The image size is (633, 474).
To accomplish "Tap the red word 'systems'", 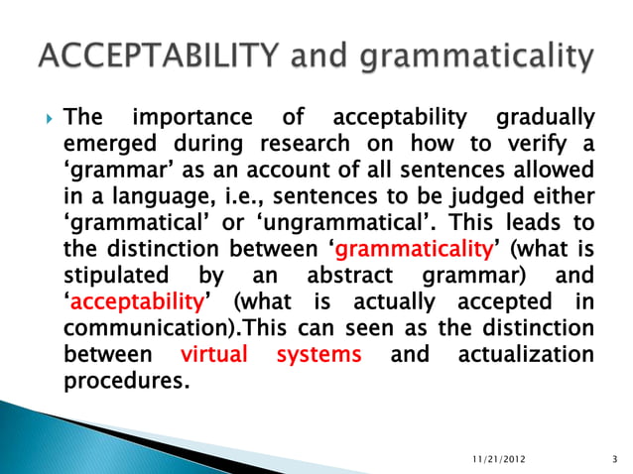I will [317, 353].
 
